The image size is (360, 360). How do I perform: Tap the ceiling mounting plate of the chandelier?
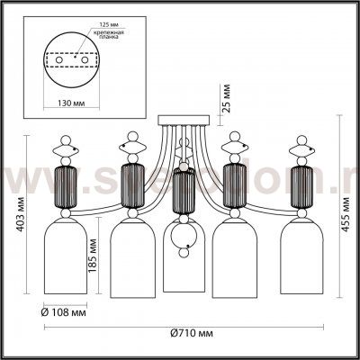pyautogui.click(x=182, y=120)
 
